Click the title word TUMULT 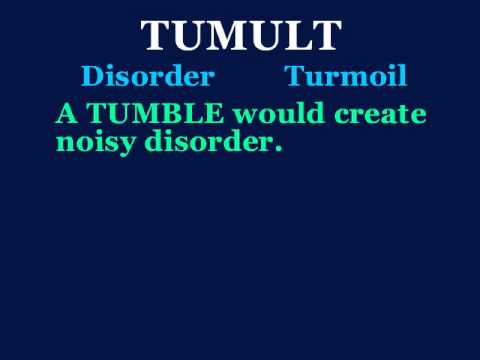241,37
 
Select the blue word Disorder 148,76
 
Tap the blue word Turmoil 346,76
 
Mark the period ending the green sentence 278,148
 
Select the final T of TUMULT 324,37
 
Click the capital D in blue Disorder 91,76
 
